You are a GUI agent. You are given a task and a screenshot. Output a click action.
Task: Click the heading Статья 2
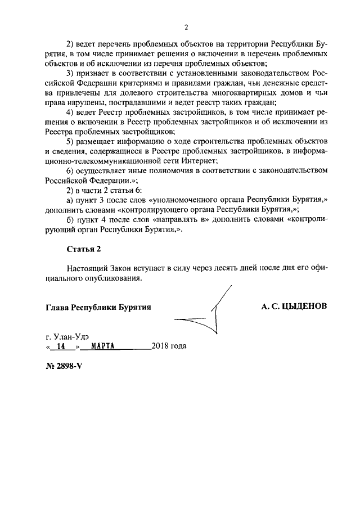click(x=84, y=248)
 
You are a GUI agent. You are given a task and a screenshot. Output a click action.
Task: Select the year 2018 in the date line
click(x=160, y=346)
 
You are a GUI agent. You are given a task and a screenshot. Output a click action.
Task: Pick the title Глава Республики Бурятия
click(x=98, y=307)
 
